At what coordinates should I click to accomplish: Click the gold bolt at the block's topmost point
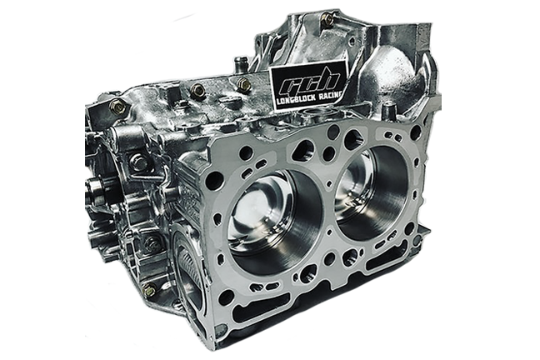(x=326, y=20)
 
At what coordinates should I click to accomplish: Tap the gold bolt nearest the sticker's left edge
(x=244, y=84)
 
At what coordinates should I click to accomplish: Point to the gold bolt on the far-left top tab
(x=117, y=107)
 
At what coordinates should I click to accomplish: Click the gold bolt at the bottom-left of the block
(x=150, y=291)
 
